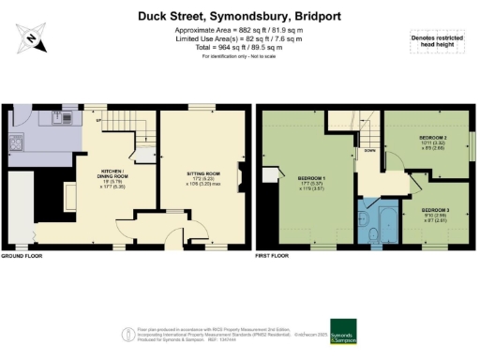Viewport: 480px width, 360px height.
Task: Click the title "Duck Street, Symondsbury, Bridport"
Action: (x=239, y=16)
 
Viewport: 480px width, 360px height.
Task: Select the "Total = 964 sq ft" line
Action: (x=239, y=47)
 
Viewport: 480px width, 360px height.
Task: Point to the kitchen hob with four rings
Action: (x=16, y=142)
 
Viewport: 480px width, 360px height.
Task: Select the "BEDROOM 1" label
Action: (x=311, y=179)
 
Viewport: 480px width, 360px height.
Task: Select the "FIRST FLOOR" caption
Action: (x=273, y=256)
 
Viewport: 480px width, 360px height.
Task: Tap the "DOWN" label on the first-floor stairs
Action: (x=372, y=149)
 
